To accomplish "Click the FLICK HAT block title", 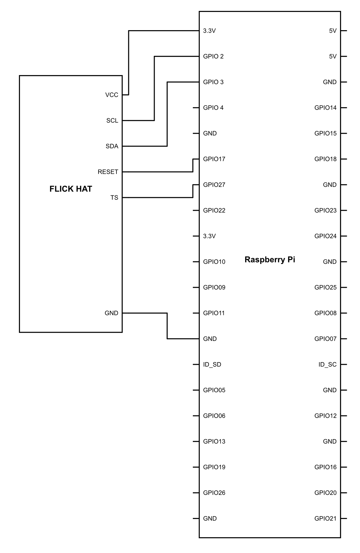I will (x=71, y=189).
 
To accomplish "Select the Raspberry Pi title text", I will (x=270, y=259).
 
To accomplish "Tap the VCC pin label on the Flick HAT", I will (x=112, y=95).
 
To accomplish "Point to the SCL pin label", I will (x=112, y=121).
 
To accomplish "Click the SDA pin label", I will (x=112, y=146).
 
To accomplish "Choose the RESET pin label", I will (x=108, y=172).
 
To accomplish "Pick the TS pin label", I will (x=114, y=198).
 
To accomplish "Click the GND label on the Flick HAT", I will (x=111, y=313).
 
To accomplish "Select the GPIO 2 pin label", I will (x=213, y=56).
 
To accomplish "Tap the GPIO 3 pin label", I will (x=213, y=82).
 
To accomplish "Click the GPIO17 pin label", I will (x=214, y=159).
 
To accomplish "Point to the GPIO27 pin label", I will (x=214, y=185).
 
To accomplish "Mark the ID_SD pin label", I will (x=212, y=364).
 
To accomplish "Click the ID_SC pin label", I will (x=327, y=364).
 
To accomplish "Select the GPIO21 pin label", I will (x=325, y=518).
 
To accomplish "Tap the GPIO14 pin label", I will (x=325, y=108).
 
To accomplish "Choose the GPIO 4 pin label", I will (x=213, y=108).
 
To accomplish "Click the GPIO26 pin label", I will (x=214, y=493).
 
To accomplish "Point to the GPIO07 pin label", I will (x=325, y=339).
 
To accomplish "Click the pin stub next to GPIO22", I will (x=196, y=210).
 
